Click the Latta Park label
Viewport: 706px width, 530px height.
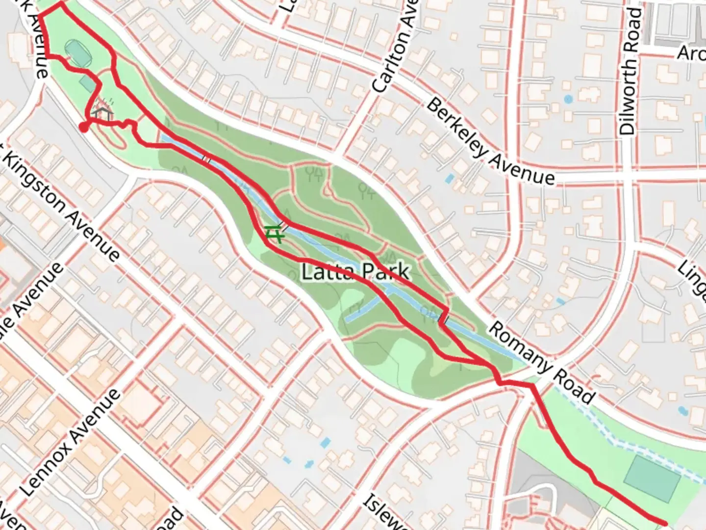(x=355, y=271)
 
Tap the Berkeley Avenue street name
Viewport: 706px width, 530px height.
(x=490, y=142)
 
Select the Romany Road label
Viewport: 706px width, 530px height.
(x=542, y=362)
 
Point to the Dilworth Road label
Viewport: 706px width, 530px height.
(x=629, y=72)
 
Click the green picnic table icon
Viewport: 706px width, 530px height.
(x=274, y=234)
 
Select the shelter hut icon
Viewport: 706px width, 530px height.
(x=101, y=114)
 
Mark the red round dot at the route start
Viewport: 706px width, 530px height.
(x=84, y=128)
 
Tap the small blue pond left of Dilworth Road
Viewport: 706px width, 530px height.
(x=568, y=99)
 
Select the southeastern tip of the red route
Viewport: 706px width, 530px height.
(x=664, y=522)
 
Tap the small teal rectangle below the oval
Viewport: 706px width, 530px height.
(x=88, y=83)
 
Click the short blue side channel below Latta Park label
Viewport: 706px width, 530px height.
(x=363, y=309)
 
